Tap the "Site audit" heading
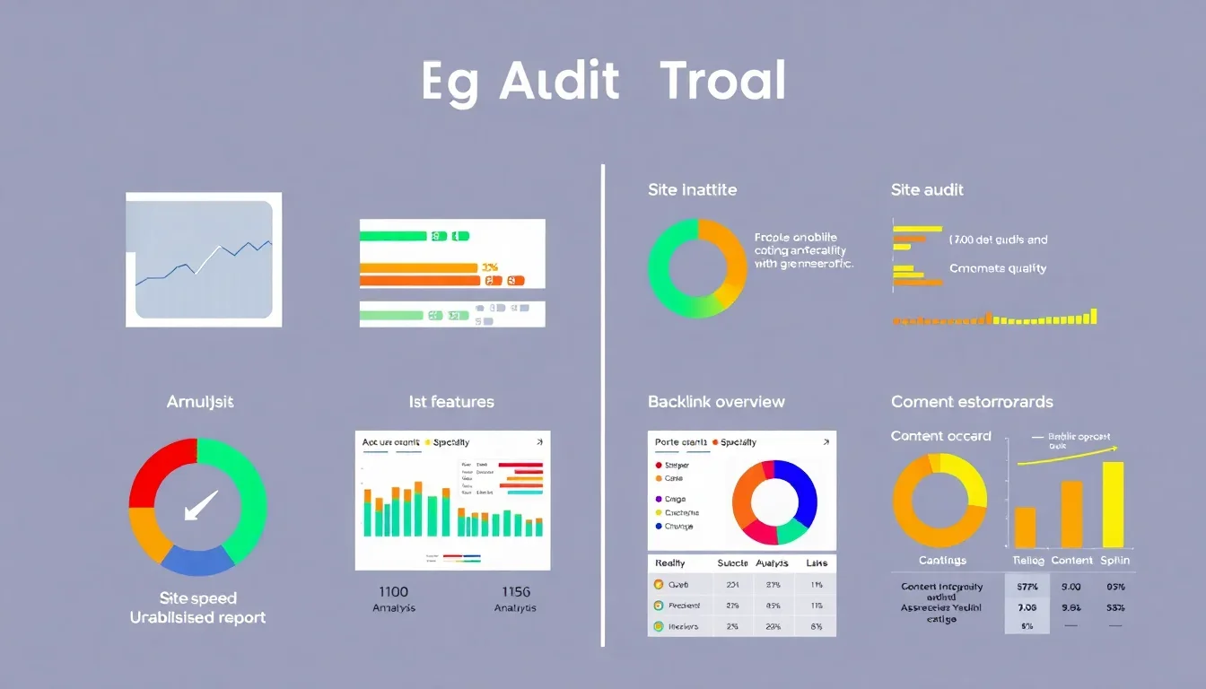(927, 190)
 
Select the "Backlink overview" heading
(716, 402)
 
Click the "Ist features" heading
(451, 402)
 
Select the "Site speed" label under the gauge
(197, 598)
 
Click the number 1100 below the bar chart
(393, 592)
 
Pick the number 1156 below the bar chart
(515, 592)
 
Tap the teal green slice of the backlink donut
(791, 532)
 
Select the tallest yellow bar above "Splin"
(1113, 504)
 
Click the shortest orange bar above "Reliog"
(1025, 528)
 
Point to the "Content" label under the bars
(1072, 560)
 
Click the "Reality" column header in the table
(670, 563)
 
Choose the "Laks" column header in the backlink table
(817, 563)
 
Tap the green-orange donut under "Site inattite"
(696, 267)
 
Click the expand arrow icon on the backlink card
(826, 442)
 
